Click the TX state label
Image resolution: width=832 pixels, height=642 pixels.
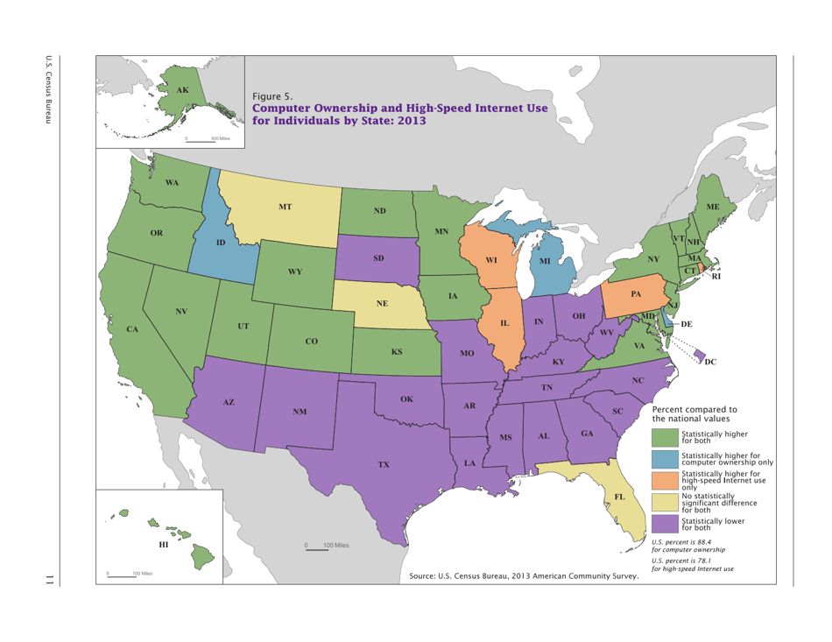click(384, 463)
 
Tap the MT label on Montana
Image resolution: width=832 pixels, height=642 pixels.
click(286, 207)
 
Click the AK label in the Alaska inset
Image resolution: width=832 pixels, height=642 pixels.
click(181, 90)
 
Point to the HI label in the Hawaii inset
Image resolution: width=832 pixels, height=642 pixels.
click(163, 545)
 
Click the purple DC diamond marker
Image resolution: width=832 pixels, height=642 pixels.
click(699, 353)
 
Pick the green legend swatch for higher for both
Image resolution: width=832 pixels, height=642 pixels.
click(664, 436)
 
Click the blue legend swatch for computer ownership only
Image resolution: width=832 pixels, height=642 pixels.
click(664, 458)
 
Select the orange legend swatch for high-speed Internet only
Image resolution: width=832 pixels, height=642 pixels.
click(664, 480)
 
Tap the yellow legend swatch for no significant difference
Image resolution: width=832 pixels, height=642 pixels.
click(664, 503)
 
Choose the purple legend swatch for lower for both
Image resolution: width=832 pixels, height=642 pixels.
click(664, 524)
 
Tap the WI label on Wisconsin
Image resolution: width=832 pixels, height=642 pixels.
click(491, 260)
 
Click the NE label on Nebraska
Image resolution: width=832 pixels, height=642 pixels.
click(382, 303)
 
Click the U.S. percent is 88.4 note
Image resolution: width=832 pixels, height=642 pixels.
click(688, 545)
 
